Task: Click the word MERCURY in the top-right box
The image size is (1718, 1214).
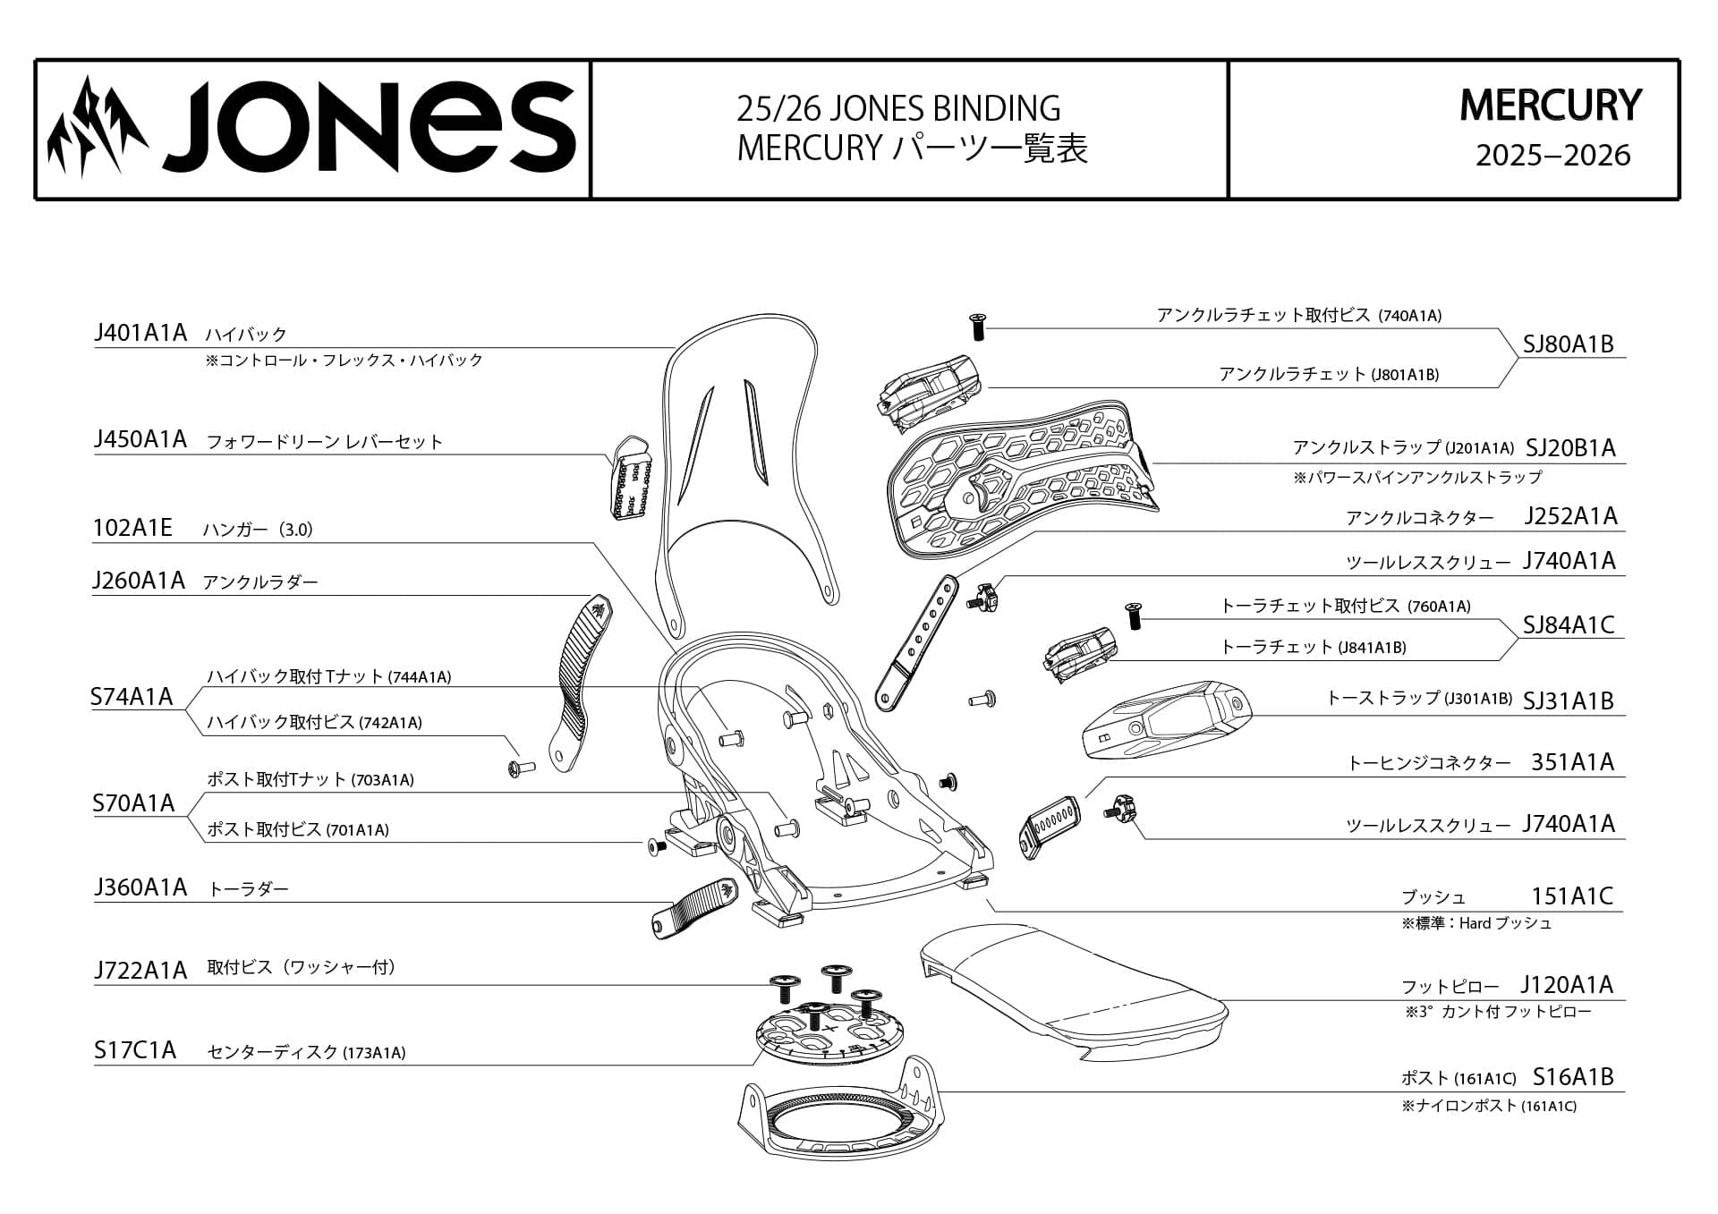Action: pyautogui.click(x=1551, y=106)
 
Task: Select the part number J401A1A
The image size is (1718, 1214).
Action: pyautogui.click(x=140, y=333)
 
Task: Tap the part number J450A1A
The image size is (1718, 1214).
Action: pyautogui.click(x=140, y=439)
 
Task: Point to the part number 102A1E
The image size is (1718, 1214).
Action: pyautogui.click(x=132, y=528)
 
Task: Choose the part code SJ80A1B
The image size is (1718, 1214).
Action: pyautogui.click(x=1569, y=344)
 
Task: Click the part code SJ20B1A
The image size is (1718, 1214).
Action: pyautogui.click(x=1570, y=447)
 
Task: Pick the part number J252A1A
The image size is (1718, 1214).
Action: pyautogui.click(x=1570, y=516)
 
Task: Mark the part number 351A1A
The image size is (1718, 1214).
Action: pyautogui.click(x=1572, y=761)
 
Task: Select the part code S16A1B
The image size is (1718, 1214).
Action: pyautogui.click(x=1573, y=1076)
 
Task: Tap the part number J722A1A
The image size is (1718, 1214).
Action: pyautogui.click(x=140, y=970)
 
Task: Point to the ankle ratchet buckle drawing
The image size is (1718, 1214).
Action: pyautogui.click(x=931, y=390)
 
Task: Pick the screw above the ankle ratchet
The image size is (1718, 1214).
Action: pyautogui.click(x=978, y=326)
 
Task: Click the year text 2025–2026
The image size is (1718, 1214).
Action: pyautogui.click(x=1552, y=156)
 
